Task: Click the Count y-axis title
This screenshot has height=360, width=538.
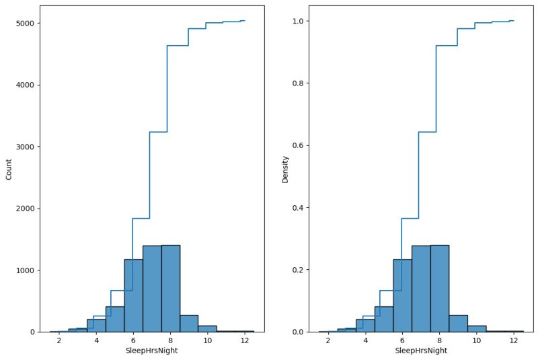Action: coord(9,169)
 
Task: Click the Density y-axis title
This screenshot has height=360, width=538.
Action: coord(285,169)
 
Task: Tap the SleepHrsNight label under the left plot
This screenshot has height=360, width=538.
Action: coord(151,351)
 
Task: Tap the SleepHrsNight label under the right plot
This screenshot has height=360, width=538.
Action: coord(421,351)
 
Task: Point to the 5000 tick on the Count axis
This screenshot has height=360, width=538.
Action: coord(25,24)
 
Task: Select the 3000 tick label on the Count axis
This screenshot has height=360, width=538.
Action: coord(25,147)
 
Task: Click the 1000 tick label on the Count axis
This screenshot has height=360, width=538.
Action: coord(25,271)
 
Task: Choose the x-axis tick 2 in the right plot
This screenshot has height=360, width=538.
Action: coord(328,340)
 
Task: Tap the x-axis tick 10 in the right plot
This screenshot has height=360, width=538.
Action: coord(476,340)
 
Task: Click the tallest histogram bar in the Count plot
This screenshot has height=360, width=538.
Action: coord(171,289)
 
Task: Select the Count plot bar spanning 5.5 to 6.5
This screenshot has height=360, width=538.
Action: coord(133,296)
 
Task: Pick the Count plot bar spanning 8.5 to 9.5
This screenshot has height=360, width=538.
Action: coord(189,324)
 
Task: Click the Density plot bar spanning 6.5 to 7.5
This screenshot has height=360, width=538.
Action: coord(421,289)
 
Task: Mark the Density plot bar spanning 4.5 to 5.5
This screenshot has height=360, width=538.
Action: coord(384,320)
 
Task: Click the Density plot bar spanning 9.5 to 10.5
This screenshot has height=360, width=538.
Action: coord(476,329)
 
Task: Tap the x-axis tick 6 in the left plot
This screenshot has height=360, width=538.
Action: coord(133,340)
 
